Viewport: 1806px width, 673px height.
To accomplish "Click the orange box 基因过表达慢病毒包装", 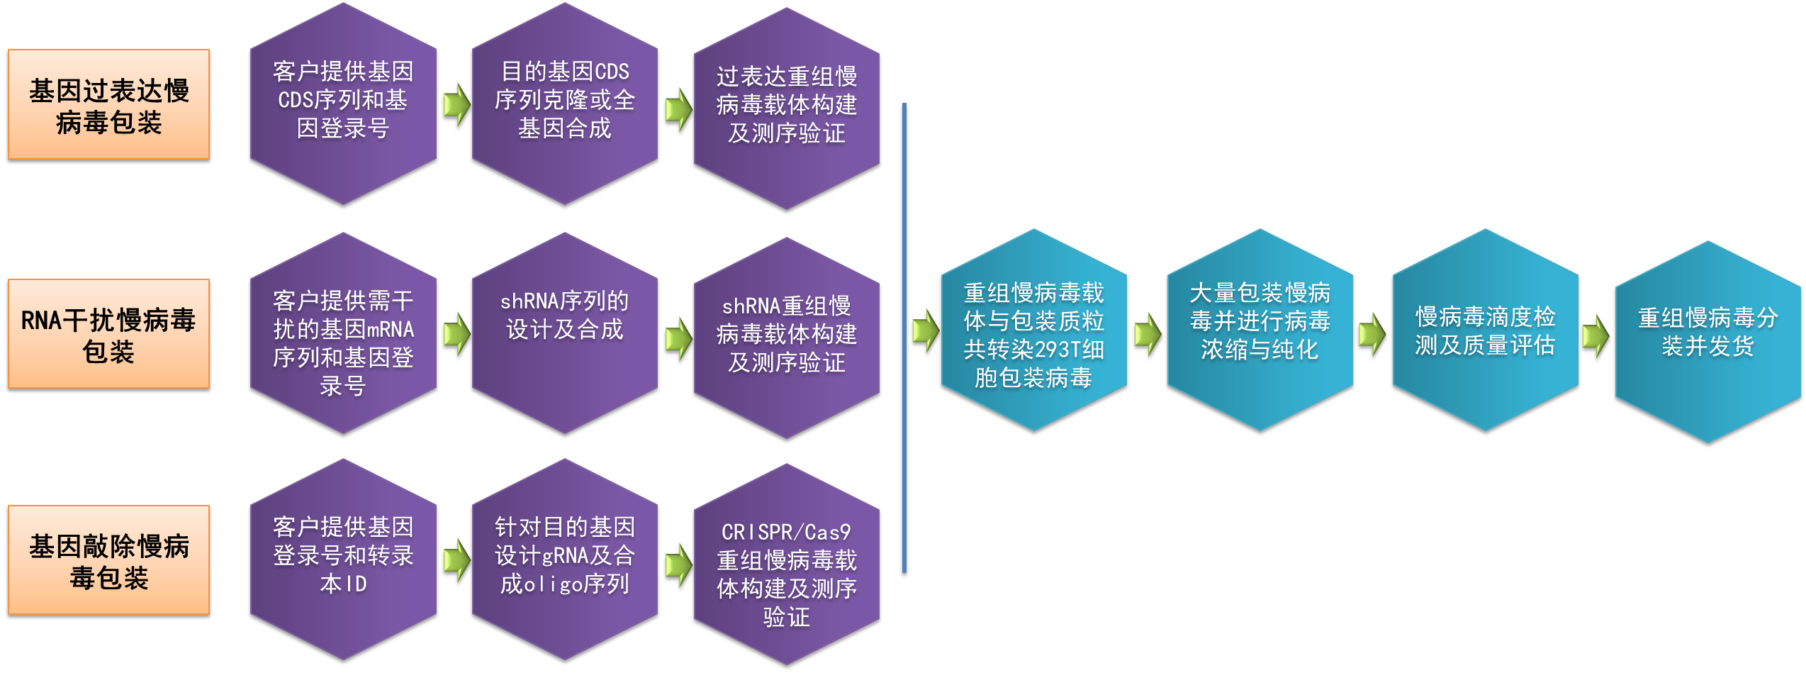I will point(108,106).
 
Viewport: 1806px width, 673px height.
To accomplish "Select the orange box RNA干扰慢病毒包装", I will point(108,335).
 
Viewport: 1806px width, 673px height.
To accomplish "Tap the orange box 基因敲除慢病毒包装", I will point(108,562).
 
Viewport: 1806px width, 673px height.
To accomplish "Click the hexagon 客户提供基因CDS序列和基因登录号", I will point(343,105).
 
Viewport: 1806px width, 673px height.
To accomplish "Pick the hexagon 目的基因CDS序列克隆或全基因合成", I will point(565,105).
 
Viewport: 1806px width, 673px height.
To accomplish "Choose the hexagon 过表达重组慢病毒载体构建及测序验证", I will point(787,110).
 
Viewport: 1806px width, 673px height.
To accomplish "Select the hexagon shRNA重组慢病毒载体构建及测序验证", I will point(787,340).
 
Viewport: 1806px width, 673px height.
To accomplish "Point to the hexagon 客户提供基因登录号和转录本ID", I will point(343,561).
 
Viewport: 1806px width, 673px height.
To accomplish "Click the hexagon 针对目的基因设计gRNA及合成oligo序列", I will point(565,561).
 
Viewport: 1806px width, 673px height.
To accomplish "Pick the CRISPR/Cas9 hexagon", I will point(787,566).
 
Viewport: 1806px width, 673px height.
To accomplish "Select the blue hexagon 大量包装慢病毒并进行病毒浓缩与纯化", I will point(1260,331).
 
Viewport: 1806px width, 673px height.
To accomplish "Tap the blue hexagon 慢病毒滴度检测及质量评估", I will point(1485,331).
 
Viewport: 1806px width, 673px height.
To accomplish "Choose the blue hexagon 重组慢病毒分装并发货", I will point(1707,343).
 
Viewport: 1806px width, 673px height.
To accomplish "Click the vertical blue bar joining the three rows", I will point(904,340).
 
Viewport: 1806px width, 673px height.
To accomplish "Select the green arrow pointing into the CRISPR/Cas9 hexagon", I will point(678,567).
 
